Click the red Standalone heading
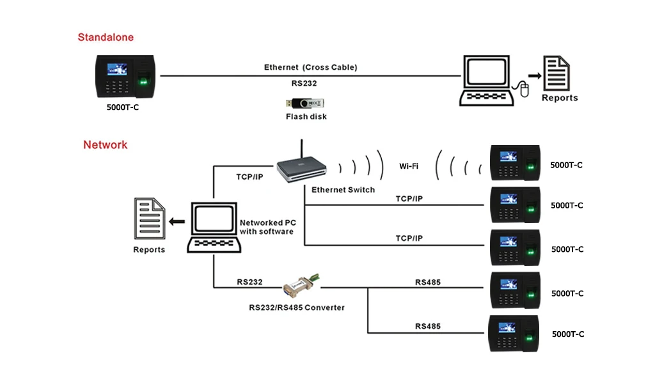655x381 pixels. [x=106, y=37]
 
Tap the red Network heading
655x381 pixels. [x=105, y=144]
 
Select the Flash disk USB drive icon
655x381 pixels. [x=306, y=103]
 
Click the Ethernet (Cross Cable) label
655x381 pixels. [x=310, y=67]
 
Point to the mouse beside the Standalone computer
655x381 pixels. [x=525, y=90]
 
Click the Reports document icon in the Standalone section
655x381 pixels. [x=556, y=74]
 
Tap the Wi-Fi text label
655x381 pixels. [x=409, y=166]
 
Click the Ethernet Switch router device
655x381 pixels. [x=301, y=168]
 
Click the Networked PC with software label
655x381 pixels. [x=267, y=227]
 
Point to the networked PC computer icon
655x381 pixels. [x=214, y=228]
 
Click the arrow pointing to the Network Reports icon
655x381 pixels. [x=177, y=222]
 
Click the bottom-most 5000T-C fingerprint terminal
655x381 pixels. [x=515, y=334]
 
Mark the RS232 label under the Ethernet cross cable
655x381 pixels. [x=304, y=83]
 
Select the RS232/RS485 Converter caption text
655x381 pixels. [x=296, y=307]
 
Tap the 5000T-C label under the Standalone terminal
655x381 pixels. [x=122, y=107]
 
